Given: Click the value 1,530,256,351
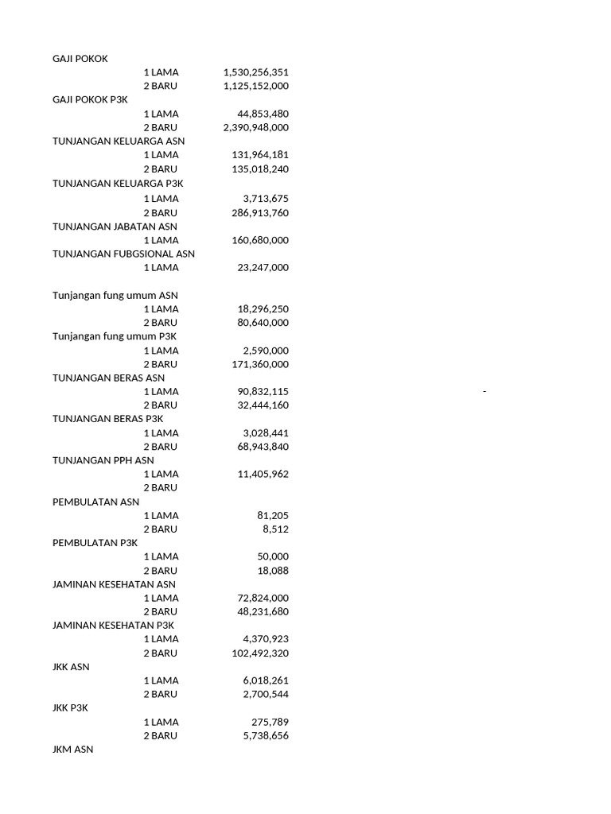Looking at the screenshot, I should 255,72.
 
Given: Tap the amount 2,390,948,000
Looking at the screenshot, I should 255,127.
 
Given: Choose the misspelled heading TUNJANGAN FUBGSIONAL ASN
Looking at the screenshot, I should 123,254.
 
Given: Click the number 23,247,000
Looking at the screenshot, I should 263,268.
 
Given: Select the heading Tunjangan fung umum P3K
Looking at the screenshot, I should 115,336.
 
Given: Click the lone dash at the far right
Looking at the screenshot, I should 484,392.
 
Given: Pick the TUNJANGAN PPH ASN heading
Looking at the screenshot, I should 103,460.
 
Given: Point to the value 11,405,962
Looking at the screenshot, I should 263,475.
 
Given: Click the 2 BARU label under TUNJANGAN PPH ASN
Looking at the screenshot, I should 161,488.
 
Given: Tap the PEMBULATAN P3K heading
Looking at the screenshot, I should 95,543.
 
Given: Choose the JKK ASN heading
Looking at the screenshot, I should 71,667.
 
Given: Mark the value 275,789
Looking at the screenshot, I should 269,723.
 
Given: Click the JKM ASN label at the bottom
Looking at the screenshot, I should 72,750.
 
